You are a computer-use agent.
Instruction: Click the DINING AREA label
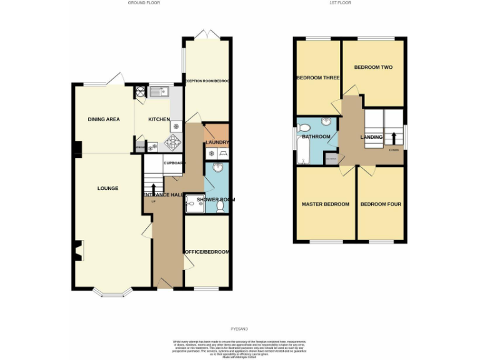(x=103, y=119)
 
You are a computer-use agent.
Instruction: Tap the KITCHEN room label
(x=159, y=119)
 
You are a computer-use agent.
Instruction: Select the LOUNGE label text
(x=107, y=188)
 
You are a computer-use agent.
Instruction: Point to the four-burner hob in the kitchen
(x=172, y=141)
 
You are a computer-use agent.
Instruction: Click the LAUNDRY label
(x=217, y=142)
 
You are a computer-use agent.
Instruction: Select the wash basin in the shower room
(x=217, y=167)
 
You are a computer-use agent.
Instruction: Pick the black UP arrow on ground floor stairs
(x=154, y=189)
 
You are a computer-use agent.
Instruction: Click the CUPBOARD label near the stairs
(x=174, y=163)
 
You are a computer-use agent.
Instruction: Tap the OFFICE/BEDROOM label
(x=207, y=252)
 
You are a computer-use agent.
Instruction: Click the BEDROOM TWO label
(x=373, y=67)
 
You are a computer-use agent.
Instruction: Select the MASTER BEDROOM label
(x=325, y=204)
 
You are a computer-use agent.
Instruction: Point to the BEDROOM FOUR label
(x=381, y=204)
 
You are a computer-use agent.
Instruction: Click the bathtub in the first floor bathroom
(x=303, y=151)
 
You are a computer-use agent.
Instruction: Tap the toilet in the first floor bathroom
(x=304, y=127)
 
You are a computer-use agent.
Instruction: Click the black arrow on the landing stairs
(x=394, y=137)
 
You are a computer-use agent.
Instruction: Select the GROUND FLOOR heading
(x=144, y=3)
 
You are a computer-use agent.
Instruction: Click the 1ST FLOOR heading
(x=341, y=3)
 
